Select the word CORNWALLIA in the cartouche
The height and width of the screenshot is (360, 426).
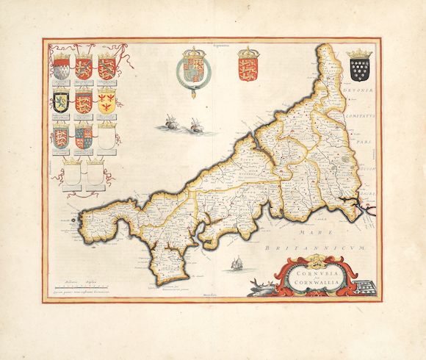point(302,283)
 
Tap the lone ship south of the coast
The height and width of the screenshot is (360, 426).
point(237,263)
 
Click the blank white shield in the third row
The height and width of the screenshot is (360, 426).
point(107,135)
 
